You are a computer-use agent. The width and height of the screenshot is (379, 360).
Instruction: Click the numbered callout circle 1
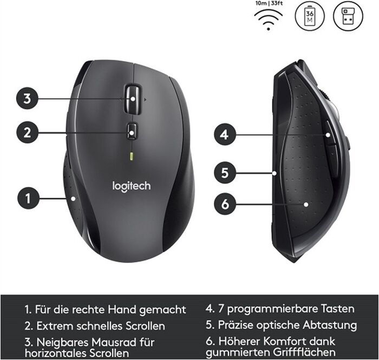pos(28,198)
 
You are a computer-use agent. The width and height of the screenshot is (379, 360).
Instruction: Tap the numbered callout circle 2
pos(27,133)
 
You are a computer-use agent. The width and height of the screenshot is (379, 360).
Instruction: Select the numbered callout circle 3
pos(27,99)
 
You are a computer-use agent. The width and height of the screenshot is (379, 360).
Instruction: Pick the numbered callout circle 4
pos(225,134)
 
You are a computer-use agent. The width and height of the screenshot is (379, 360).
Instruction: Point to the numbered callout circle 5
pos(225,173)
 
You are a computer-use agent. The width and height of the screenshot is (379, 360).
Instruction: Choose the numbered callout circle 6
pos(225,204)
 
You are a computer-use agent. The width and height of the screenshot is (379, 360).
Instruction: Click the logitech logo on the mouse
pos(132,187)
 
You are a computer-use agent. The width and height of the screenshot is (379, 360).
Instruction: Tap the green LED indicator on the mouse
pos(132,156)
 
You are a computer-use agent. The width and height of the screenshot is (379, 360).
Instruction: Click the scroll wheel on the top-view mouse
pos(133,99)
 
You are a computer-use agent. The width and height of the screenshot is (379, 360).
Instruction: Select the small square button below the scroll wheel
pos(132,132)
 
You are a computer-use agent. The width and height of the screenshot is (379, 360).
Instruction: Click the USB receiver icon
pos(348,16)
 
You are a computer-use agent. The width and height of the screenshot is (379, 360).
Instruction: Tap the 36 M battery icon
pos(310,16)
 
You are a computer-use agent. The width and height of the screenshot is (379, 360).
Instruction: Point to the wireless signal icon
pos(269,20)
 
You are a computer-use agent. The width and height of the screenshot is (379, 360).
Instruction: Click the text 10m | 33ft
pos(269,3)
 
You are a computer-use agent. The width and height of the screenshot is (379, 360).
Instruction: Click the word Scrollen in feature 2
pos(145,326)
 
